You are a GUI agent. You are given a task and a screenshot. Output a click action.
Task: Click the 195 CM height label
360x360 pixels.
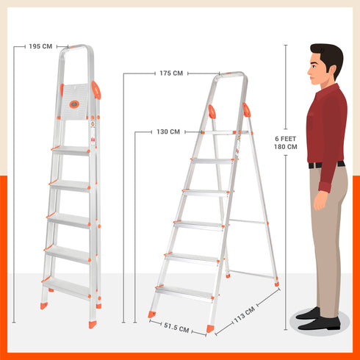pos(40,46)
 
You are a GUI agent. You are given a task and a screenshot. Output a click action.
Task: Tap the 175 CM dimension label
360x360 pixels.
pos(170,73)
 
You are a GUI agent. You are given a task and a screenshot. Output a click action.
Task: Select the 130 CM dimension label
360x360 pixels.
pos(168,132)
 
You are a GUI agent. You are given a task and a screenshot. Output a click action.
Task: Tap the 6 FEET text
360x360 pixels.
pos(286,138)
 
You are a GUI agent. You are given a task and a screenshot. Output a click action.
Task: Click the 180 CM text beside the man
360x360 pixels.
pos(286,147)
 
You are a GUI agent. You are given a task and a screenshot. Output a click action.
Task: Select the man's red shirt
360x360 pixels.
pos(327,125)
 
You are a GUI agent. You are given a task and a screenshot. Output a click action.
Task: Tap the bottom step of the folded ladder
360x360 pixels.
pos(68,286)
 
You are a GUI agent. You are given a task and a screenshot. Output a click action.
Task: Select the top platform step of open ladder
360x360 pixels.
pos(221,132)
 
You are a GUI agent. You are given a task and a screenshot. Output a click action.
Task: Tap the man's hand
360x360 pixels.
pos(320,199)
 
